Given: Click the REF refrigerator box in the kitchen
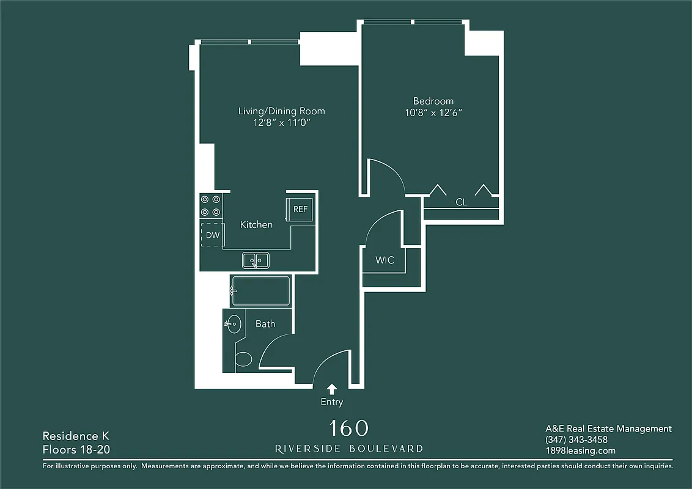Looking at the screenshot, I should [300, 209].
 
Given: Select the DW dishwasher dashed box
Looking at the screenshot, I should [212, 235].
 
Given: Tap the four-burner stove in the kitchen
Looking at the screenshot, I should [211, 205].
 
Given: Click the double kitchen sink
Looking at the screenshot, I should [256, 260].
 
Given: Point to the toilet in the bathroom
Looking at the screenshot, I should [243, 359].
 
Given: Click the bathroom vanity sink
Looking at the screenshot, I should [233, 324].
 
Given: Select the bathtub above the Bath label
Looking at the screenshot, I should [260, 291].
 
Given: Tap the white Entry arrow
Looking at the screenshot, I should [332, 389].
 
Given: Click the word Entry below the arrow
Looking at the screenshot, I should [332, 402].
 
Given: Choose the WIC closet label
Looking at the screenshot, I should [385, 260].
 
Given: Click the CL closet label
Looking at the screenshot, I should [462, 202].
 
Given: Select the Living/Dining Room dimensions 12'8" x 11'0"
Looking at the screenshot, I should [281, 123].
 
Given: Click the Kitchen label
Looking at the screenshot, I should [256, 225].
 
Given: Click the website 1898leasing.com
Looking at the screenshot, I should [580, 451].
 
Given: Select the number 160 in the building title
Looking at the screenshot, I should [348, 428].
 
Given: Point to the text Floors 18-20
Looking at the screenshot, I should [76, 450].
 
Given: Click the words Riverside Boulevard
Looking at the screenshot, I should [348, 449].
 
